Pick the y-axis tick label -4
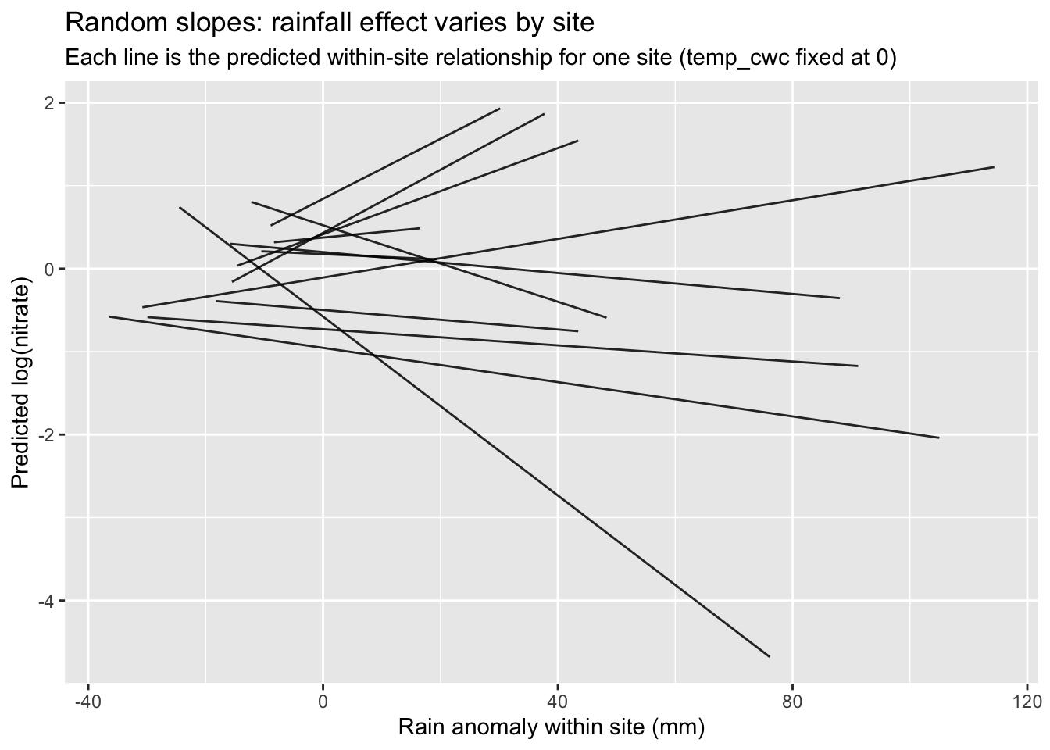[x=49, y=601]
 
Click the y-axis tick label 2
[x=52, y=103]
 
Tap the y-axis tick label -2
[x=49, y=435]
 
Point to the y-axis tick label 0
[x=52, y=270]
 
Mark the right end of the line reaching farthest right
[x=994, y=167]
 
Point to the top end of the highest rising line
[x=499, y=109]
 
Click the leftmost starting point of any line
[x=109, y=316]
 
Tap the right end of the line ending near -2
[x=938, y=437]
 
